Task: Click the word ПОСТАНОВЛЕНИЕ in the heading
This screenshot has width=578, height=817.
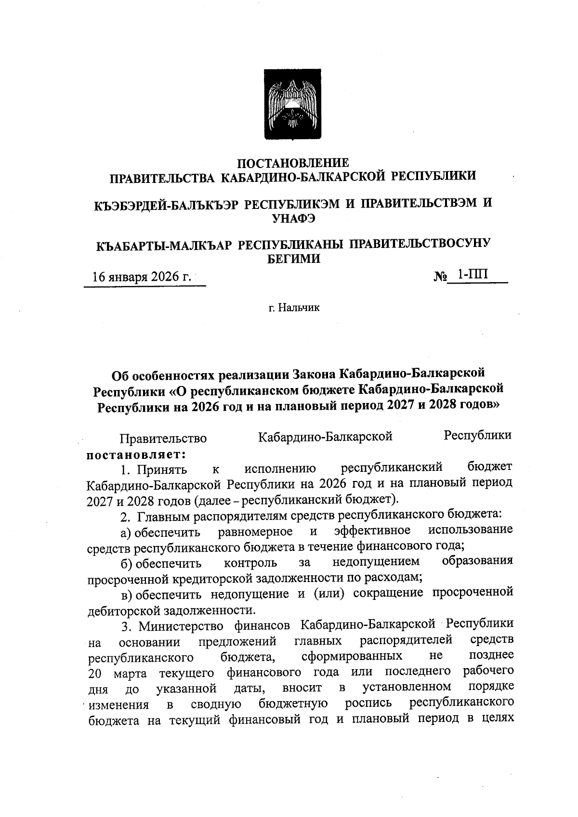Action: click(293, 163)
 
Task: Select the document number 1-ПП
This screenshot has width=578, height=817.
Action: click(473, 275)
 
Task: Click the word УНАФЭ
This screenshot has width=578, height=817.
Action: click(293, 219)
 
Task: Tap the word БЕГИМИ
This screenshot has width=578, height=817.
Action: click(293, 259)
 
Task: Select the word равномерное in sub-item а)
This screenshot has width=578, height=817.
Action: click(255, 532)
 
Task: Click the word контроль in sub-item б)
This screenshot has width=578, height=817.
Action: click(250, 563)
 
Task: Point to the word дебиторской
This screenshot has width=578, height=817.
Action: click(124, 610)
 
